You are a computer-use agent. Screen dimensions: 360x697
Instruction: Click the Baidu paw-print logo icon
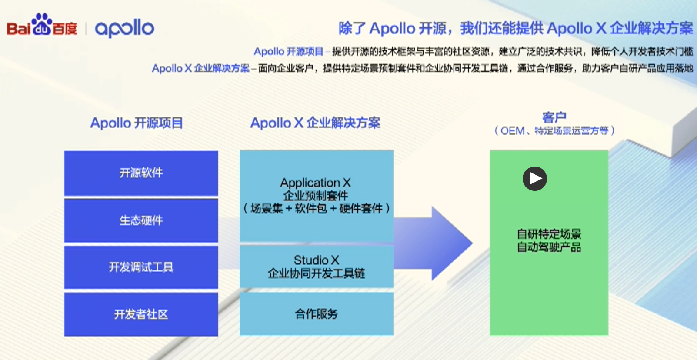click(42, 24)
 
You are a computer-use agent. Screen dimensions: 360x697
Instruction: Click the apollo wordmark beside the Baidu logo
click(124, 28)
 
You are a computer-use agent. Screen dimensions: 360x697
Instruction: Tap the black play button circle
click(534, 179)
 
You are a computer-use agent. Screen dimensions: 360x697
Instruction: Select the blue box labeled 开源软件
click(141, 173)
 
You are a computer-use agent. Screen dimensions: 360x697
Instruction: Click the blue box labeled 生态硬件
click(141, 220)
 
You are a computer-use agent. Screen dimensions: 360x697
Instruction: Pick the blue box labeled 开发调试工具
click(141, 267)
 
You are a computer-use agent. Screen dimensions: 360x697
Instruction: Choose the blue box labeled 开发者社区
click(141, 314)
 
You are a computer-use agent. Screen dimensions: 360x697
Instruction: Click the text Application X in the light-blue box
click(315, 183)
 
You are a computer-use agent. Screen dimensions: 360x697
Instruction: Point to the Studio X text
click(316, 260)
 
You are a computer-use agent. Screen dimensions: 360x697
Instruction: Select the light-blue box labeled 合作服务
click(316, 313)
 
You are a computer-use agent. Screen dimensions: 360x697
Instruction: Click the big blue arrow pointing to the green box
click(435, 243)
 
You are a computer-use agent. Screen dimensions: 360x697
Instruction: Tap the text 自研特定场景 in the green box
click(549, 234)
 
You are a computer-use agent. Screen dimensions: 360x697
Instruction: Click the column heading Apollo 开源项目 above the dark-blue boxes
click(136, 123)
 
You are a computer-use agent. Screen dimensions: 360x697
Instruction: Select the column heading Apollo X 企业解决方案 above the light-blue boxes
click(315, 123)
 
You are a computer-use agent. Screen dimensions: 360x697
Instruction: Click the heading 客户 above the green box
click(554, 117)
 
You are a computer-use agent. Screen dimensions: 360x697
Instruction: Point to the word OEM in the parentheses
click(512, 131)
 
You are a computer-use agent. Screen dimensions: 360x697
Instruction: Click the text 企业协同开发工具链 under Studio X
click(316, 273)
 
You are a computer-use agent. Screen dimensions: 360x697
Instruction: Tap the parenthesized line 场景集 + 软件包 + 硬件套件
click(316, 209)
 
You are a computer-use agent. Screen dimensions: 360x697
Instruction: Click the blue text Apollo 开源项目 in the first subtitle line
click(288, 52)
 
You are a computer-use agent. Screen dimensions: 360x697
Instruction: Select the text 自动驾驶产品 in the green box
click(549, 247)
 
